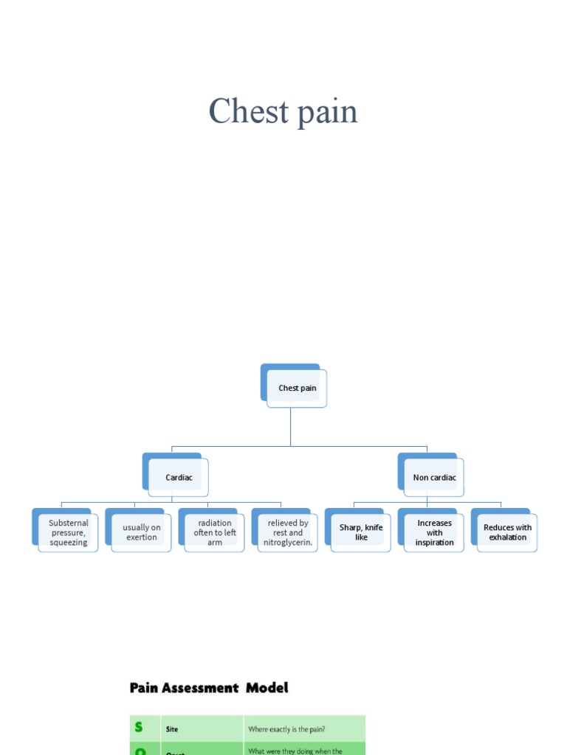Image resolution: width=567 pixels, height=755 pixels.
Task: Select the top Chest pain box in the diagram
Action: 297,388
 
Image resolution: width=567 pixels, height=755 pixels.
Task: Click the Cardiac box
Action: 179,477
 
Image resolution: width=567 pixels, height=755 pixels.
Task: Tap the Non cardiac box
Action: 434,477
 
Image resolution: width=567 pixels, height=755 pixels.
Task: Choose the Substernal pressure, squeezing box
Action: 68,532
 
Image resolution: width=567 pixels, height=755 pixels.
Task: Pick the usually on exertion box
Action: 141,532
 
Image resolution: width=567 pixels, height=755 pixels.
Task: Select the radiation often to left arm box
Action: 214,532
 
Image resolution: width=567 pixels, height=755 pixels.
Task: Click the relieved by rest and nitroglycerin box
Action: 288,532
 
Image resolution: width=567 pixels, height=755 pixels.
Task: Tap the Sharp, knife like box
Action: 361,532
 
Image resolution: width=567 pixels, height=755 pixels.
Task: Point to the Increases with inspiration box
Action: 434,532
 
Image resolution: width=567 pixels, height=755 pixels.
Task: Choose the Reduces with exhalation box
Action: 507,532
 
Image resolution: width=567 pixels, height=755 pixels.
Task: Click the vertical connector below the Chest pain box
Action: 290,428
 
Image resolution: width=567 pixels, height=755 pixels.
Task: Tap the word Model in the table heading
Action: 267,688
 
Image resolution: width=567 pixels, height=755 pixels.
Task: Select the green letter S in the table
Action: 138,728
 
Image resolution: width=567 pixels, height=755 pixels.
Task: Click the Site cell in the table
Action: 171,729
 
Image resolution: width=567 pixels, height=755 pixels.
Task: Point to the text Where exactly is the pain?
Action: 287,729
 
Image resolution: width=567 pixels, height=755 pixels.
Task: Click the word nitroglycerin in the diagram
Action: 288,543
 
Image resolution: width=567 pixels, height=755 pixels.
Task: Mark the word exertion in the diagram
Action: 141,537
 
